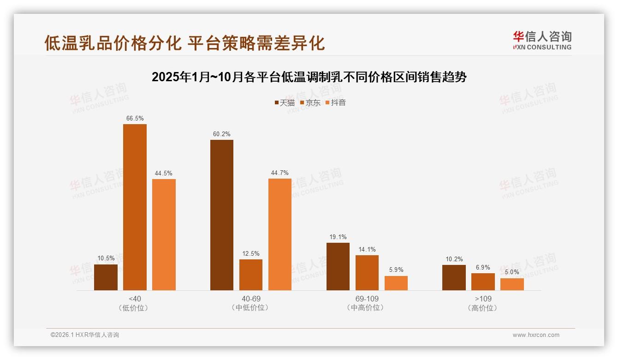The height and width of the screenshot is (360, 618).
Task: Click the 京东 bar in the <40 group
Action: (135, 207)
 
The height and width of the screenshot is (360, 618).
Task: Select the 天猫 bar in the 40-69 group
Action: (222, 215)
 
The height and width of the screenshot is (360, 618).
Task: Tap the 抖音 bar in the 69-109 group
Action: (396, 283)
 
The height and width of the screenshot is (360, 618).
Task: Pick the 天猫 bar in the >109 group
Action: (454, 277)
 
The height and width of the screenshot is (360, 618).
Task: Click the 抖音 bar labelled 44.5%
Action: (164, 234)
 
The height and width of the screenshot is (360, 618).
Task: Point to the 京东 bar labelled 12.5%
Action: (251, 275)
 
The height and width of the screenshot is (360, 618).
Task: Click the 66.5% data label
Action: (135, 119)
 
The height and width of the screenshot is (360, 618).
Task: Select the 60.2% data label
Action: (222, 134)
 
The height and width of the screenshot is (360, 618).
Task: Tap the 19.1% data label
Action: (338, 237)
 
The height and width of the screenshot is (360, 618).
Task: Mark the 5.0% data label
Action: (512, 272)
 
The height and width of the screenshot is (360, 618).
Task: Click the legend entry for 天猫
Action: (285, 102)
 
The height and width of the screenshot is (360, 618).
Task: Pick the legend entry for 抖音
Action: (335, 102)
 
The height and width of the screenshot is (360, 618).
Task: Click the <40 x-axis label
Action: (135, 299)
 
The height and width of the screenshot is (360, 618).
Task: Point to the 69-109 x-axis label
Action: (367, 299)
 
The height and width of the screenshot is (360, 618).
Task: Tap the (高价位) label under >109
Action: (483, 308)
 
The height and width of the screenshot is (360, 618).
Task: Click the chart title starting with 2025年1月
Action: (309, 77)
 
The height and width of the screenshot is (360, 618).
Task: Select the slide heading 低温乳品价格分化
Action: (184, 43)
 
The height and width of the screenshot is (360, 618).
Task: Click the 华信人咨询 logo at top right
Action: (542, 40)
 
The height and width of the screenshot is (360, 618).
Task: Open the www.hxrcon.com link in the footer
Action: (536, 335)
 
